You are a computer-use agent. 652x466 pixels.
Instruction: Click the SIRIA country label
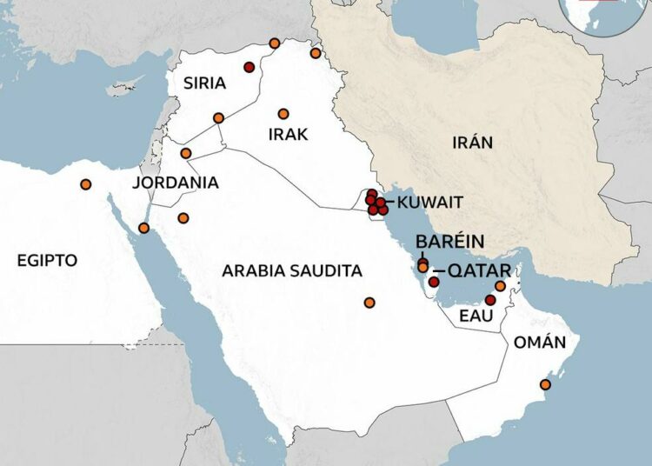(x=204, y=83)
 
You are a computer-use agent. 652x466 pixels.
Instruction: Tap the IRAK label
(x=289, y=134)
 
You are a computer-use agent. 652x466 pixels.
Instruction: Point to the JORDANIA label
(x=176, y=183)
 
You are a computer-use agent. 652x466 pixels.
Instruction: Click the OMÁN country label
(x=534, y=343)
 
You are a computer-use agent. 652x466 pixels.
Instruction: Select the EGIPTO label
(x=47, y=260)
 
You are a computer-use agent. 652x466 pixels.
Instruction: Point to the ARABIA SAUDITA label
(x=291, y=271)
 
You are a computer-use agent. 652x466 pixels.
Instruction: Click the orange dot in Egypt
(x=85, y=184)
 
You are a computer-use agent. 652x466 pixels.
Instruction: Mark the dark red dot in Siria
(x=249, y=67)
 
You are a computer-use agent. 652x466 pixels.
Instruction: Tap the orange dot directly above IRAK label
(x=283, y=114)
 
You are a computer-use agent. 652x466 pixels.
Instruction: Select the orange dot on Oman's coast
(x=545, y=384)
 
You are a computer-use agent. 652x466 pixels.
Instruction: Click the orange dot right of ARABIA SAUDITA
(x=369, y=303)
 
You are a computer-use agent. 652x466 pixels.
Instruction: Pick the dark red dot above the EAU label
(x=489, y=300)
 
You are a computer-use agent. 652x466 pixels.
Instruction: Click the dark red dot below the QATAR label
(x=434, y=283)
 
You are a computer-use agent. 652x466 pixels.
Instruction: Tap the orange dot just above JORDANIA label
(x=185, y=153)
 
